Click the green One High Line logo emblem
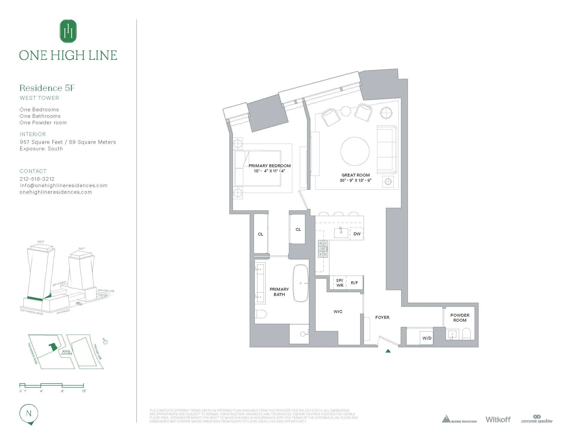[x=68, y=31]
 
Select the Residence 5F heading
[x=47, y=88]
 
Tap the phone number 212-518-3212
[x=37, y=179]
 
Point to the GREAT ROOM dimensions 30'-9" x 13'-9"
[x=355, y=180]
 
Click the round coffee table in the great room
[x=355, y=151]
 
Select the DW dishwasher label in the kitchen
[x=357, y=234]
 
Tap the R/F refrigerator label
[x=354, y=283]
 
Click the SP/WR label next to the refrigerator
[x=340, y=283]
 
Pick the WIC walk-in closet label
[x=338, y=311]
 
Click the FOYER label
[x=382, y=317]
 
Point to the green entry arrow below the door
[x=388, y=351]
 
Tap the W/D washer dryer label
[x=427, y=338]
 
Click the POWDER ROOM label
[x=460, y=318]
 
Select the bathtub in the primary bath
[x=300, y=283]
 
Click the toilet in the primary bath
[x=261, y=314]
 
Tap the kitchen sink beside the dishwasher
[x=341, y=233]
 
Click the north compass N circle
[x=29, y=413]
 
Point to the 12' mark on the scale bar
[x=84, y=391]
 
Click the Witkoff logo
[x=498, y=419]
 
